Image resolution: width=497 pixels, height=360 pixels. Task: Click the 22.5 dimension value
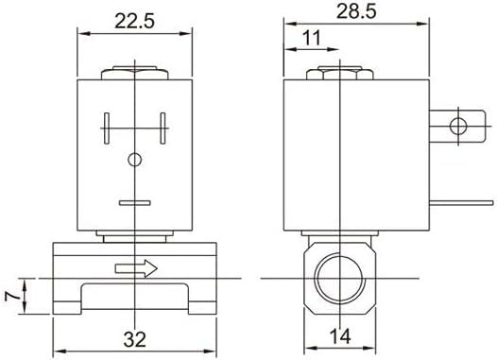134,21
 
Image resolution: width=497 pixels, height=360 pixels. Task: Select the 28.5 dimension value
356,11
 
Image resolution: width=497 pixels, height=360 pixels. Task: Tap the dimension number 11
312,38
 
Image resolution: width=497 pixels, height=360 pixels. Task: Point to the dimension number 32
135,339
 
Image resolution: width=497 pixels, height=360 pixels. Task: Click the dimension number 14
340,336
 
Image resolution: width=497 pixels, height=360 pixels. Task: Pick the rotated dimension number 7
12,296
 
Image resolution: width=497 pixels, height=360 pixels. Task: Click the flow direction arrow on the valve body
136,268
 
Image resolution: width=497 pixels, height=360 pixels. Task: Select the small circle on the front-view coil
135,160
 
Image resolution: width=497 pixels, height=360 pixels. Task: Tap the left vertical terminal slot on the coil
107,129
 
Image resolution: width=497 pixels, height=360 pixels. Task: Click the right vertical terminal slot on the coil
163,129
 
